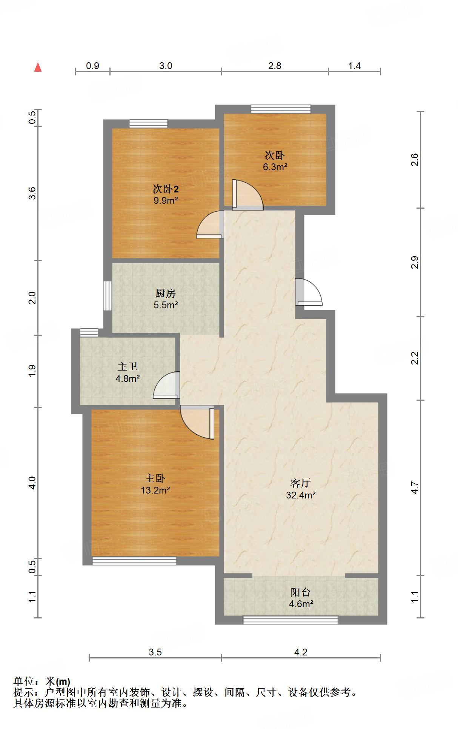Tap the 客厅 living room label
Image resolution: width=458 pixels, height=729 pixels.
(301, 483)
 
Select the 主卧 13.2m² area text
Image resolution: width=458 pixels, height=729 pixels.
(155, 490)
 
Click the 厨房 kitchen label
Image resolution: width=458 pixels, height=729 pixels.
(165, 293)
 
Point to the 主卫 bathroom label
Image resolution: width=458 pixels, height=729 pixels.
(128, 366)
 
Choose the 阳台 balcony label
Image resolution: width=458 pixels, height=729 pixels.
(301, 592)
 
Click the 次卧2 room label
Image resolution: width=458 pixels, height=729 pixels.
(165, 188)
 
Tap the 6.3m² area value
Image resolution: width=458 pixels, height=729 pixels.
(275, 167)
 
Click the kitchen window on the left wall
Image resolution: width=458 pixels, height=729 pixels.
(108, 295)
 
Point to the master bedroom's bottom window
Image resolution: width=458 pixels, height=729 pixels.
(134, 561)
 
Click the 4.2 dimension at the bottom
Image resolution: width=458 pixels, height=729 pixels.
(301, 652)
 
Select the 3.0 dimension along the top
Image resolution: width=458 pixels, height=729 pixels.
(166, 66)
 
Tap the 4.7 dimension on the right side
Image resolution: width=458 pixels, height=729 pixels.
(415, 488)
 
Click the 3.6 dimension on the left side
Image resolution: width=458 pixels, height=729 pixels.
(32, 193)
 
